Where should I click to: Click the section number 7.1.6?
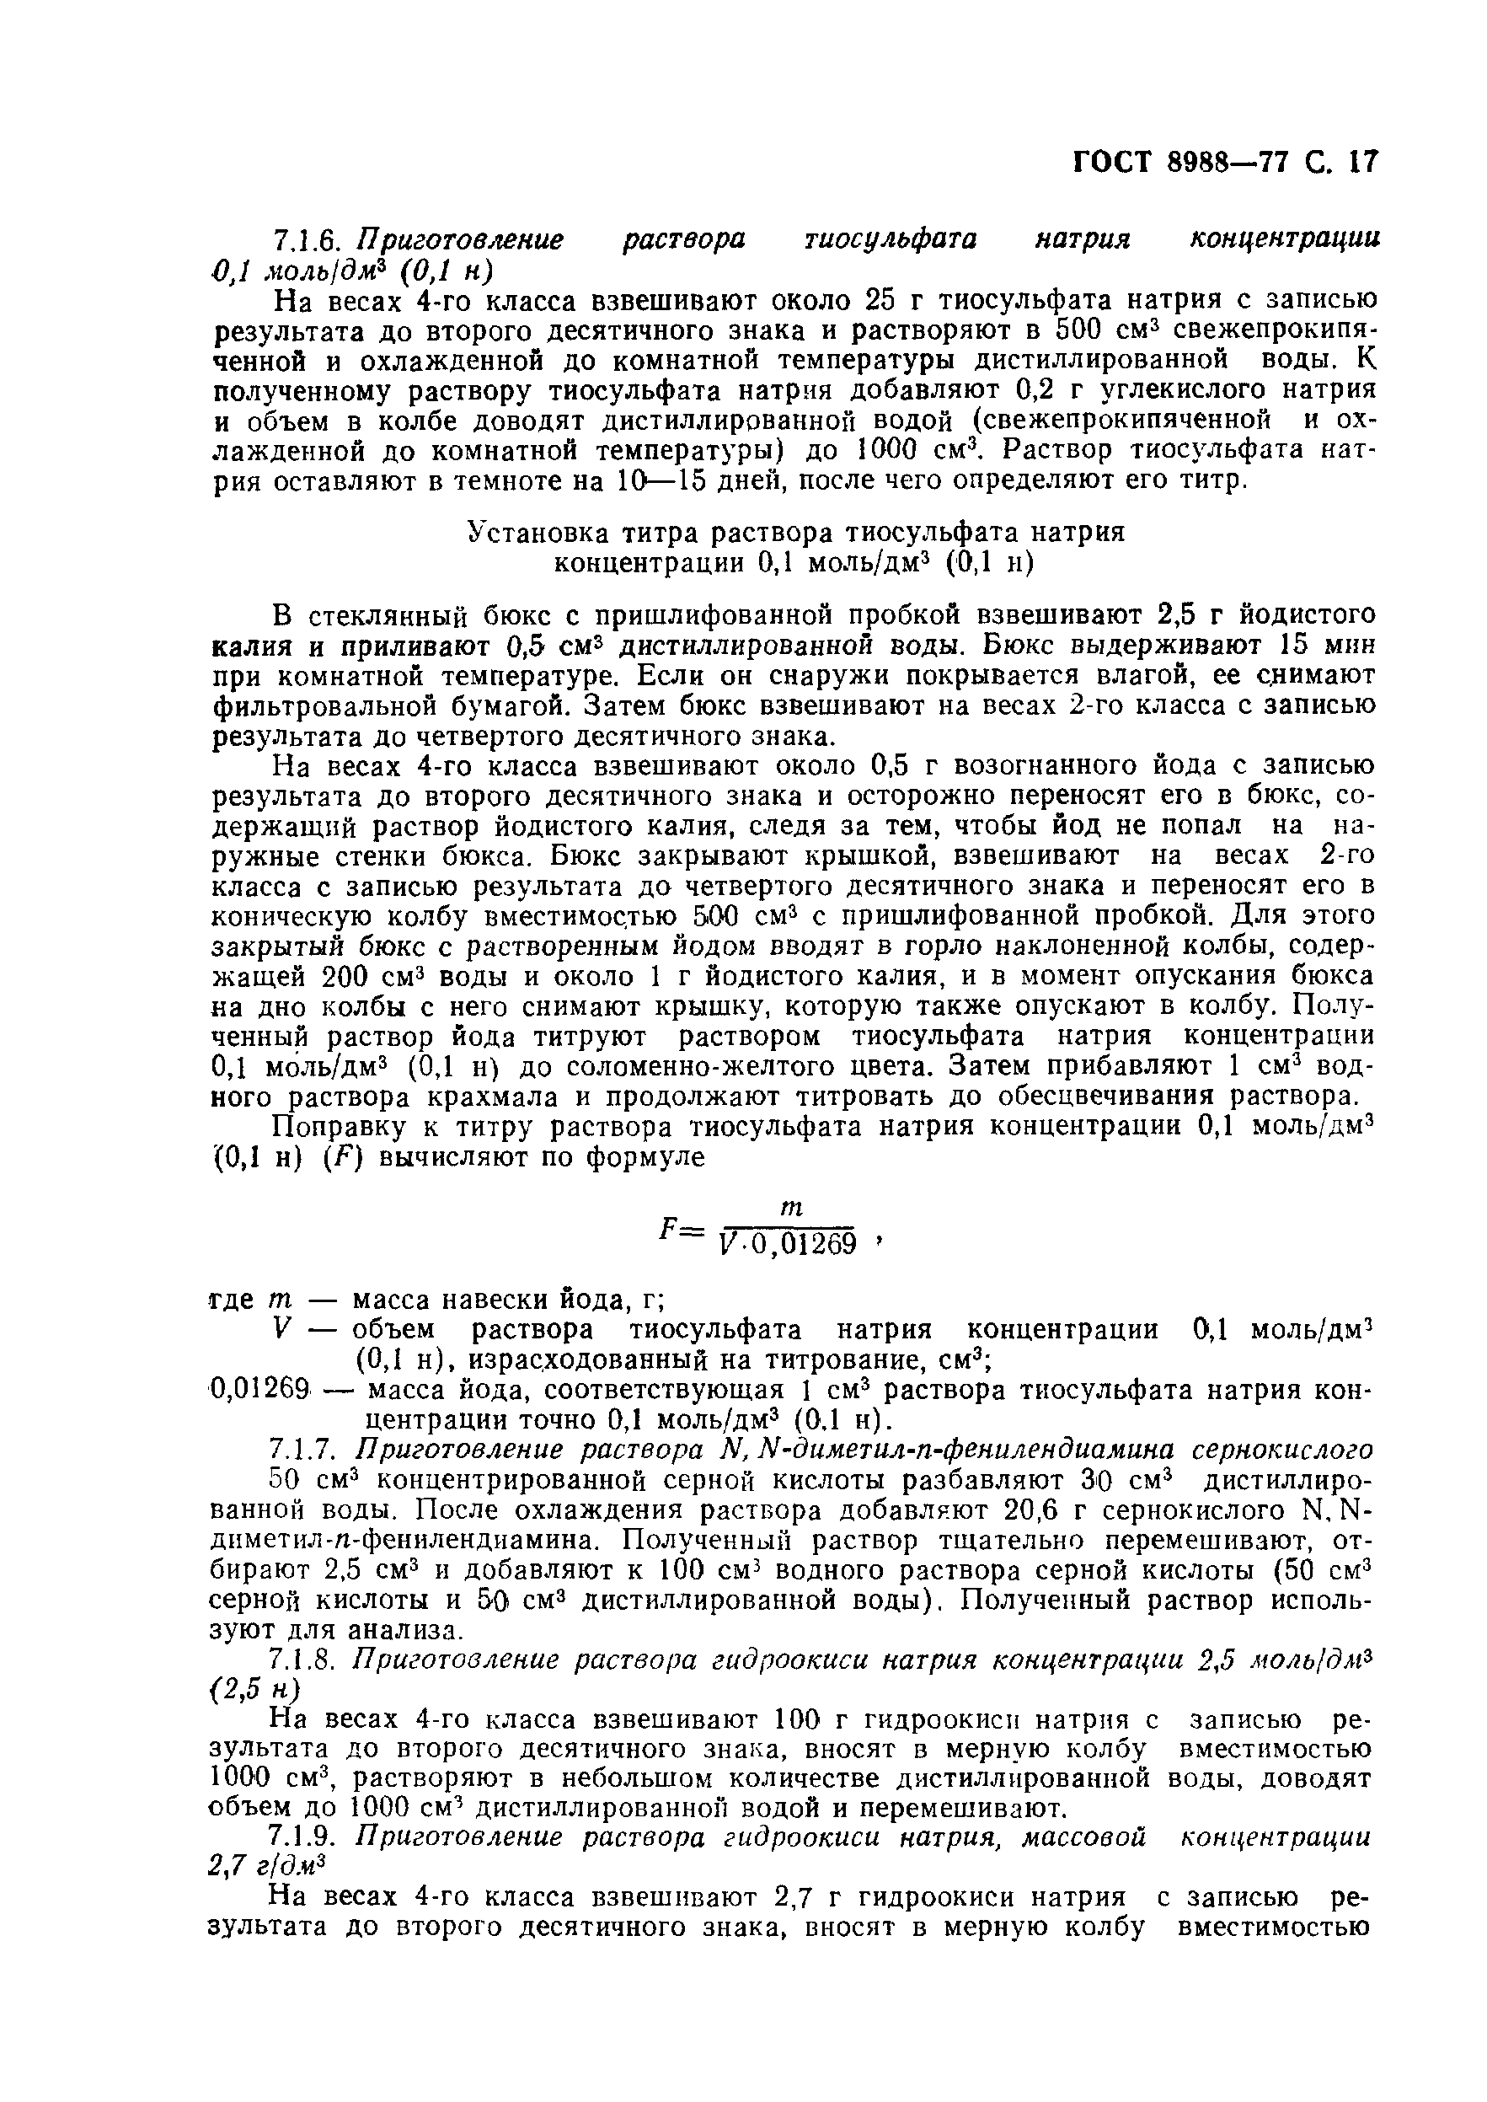[307, 240]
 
